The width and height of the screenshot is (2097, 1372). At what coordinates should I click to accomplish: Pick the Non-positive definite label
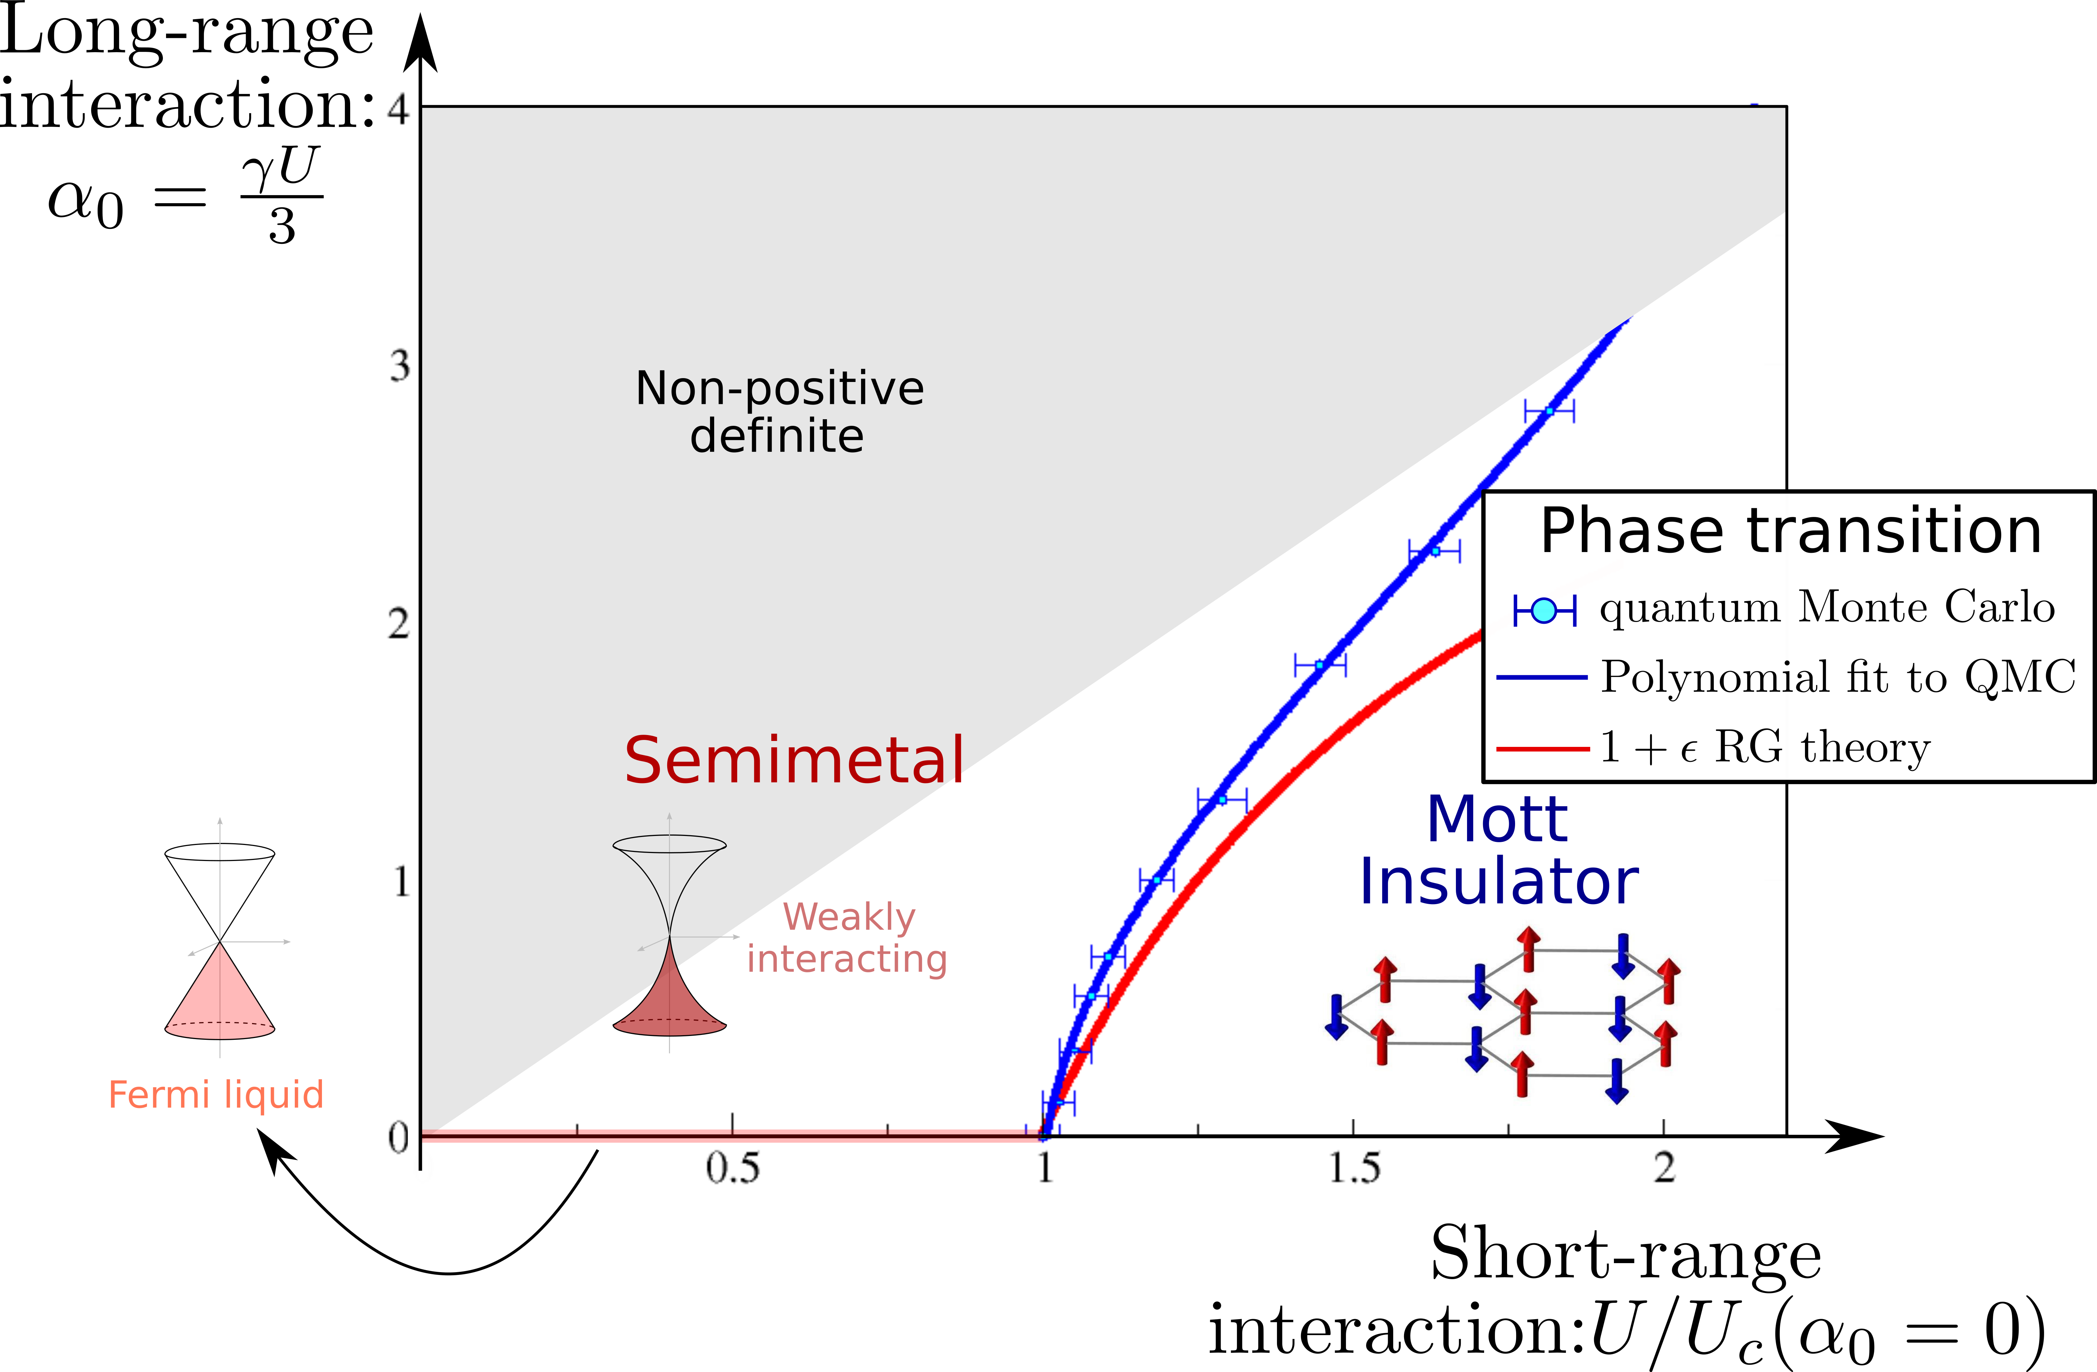pos(779,411)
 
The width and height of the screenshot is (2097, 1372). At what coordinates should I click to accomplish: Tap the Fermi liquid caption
pos(216,1095)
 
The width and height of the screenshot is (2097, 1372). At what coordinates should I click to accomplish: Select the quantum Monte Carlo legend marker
pos(1544,609)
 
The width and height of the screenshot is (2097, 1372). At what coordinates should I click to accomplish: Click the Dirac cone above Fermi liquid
pos(220,941)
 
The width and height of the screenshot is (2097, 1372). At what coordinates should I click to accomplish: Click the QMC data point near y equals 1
pos(1156,880)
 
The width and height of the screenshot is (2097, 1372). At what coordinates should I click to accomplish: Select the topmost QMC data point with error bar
pos(1549,410)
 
